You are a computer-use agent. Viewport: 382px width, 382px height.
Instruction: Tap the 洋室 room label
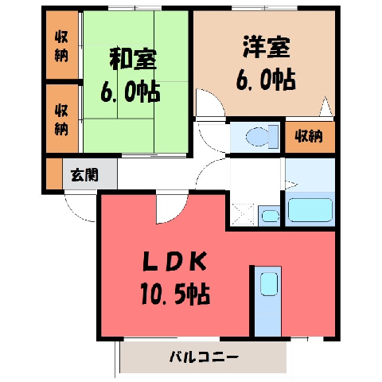click(x=266, y=48)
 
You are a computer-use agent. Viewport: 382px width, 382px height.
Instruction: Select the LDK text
click(x=174, y=262)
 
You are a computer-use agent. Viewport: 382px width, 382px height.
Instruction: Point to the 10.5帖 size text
click(x=175, y=294)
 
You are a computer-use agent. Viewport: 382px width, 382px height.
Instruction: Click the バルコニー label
click(x=204, y=357)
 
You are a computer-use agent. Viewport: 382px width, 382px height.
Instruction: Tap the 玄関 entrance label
click(x=84, y=175)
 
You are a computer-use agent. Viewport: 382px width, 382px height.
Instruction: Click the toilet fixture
click(x=262, y=136)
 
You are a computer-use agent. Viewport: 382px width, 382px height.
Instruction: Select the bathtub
click(x=310, y=210)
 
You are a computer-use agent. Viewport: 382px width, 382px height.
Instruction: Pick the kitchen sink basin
click(x=269, y=284)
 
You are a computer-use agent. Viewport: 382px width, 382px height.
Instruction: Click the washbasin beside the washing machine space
click(x=270, y=216)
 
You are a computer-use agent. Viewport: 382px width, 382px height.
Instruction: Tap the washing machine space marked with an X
click(x=243, y=215)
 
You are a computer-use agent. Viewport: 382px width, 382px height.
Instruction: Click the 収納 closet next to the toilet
click(x=310, y=136)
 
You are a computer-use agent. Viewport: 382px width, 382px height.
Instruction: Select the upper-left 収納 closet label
click(x=61, y=46)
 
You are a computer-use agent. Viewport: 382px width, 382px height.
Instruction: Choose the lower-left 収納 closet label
click(x=61, y=120)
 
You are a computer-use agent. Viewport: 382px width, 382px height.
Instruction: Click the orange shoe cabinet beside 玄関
click(x=54, y=174)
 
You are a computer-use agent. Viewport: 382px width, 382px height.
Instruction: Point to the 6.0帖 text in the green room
click(x=131, y=92)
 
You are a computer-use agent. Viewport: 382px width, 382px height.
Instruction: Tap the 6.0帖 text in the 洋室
click(x=266, y=80)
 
